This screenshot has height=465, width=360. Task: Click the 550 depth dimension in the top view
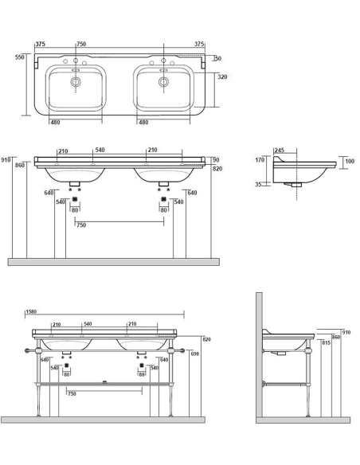pyautogui.click(x=19, y=57)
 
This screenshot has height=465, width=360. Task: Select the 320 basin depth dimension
pyautogui.click(x=223, y=78)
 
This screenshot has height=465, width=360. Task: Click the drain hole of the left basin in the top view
pyautogui.click(x=76, y=82)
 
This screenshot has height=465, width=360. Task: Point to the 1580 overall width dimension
pyautogui.click(x=32, y=312)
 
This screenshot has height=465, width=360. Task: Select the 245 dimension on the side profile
pyautogui.click(x=280, y=150)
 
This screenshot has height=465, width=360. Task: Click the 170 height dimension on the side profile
pyautogui.click(x=260, y=160)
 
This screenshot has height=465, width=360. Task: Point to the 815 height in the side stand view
pyautogui.click(x=326, y=342)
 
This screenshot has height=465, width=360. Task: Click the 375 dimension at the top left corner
pyautogui.click(x=40, y=45)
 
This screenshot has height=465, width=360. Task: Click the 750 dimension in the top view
pyautogui.click(x=81, y=45)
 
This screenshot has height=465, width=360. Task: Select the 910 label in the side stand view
pyautogui.click(x=346, y=332)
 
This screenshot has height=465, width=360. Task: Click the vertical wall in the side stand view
pyautogui.click(x=260, y=354)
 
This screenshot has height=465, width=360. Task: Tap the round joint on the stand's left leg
pyautogui.click(x=34, y=350)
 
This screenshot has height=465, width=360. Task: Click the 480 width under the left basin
pyautogui.click(x=55, y=122)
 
